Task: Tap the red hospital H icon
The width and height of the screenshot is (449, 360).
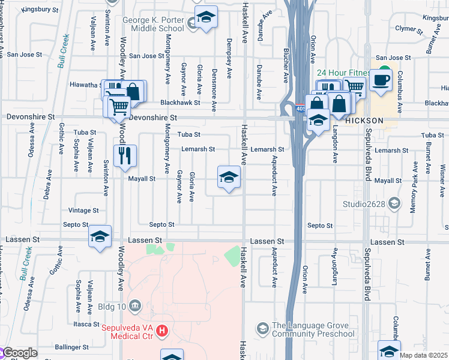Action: click(161, 331)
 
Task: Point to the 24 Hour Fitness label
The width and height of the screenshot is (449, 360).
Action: click(343, 73)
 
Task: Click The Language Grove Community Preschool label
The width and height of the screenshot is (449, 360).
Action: click(313, 329)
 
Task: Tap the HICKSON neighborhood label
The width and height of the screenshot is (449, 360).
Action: click(364, 121)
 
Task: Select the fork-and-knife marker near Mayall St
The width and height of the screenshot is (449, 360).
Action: click(125, 156)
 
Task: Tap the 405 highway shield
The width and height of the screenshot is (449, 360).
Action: click(300, 109)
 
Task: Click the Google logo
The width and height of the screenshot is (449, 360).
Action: click(19, 353)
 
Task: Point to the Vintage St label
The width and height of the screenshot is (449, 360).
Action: click(83, 211)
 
